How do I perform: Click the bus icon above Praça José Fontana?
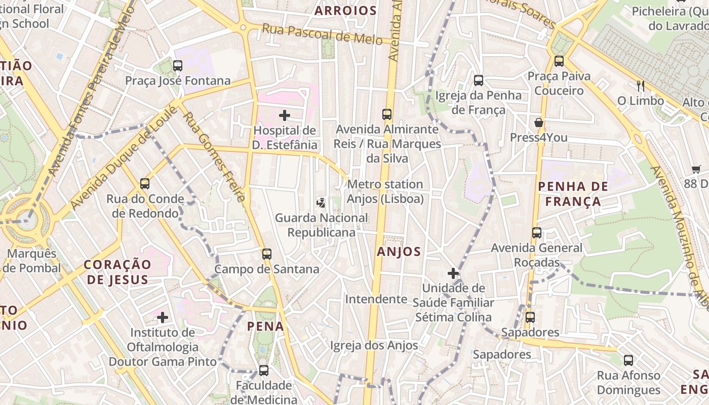177,65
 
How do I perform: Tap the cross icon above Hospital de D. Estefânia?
285,115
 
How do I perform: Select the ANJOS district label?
399,252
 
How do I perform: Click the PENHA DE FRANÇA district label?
569,194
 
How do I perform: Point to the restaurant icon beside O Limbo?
641,86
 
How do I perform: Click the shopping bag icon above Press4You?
538,123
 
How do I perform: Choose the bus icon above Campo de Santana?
267,254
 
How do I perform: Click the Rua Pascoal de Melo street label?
322,34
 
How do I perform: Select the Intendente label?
376,299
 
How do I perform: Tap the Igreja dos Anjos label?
374,346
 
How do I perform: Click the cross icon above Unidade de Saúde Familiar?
453,274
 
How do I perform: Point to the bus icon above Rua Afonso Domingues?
628,360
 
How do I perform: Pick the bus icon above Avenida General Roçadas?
537,233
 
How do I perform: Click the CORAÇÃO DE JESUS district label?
117,272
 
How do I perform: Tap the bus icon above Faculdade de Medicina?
264,371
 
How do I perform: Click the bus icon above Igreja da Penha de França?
479,80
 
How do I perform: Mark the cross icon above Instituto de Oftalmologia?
163,317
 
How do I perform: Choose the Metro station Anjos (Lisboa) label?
385,192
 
